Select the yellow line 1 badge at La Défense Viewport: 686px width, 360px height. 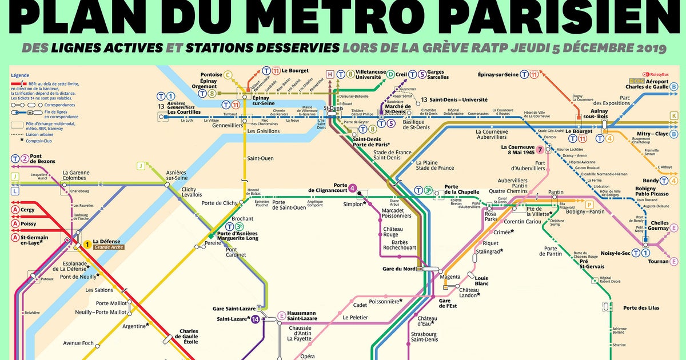click(87, 245)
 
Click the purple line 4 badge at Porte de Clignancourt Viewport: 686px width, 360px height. click(353, 187)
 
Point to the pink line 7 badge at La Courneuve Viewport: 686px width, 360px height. click(540, 150)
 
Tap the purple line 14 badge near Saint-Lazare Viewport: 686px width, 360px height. click(254, 319)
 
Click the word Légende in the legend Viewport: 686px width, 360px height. click(19, 75)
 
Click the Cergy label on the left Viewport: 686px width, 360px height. click(27, 210)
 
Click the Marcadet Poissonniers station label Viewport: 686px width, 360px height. click(396, 213)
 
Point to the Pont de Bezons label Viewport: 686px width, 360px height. click(42, 159)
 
